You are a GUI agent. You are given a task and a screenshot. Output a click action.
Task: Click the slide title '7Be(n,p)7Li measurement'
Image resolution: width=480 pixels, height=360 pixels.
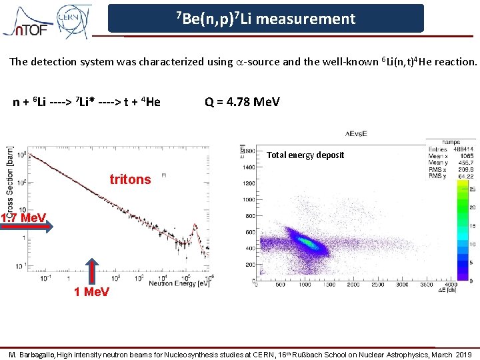265,19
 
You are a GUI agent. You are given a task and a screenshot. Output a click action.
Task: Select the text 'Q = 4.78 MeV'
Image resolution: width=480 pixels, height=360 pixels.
243,102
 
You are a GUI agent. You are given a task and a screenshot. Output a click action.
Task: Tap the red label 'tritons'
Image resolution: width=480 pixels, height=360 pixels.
130,179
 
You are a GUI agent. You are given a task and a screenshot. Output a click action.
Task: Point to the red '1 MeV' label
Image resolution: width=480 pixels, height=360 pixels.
92,293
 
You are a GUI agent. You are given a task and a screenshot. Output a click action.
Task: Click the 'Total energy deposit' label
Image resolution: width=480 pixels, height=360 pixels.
305,155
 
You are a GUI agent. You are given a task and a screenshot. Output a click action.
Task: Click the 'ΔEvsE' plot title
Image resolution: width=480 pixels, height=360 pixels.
356,133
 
